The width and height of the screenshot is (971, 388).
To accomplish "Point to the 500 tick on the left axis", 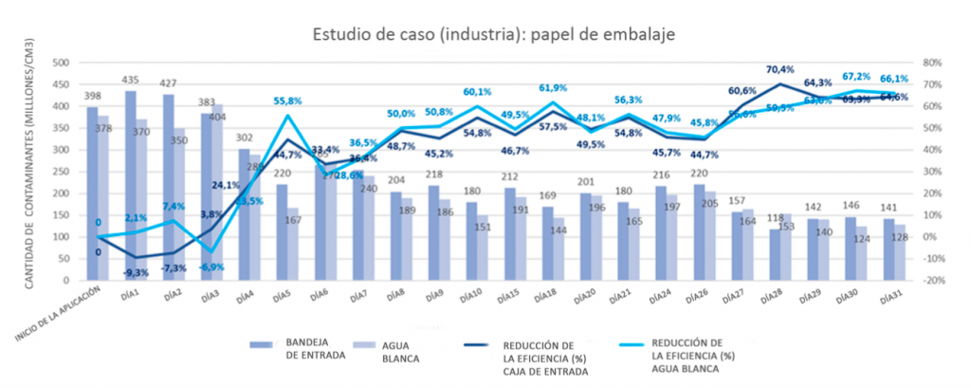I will click(x=62, y=63).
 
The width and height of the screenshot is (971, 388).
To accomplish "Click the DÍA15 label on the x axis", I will click(x=508, y=297).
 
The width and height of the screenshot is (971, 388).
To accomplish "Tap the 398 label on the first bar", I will click(x=92, y=97).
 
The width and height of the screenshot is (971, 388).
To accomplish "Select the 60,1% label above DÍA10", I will click(x=477, y=92).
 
